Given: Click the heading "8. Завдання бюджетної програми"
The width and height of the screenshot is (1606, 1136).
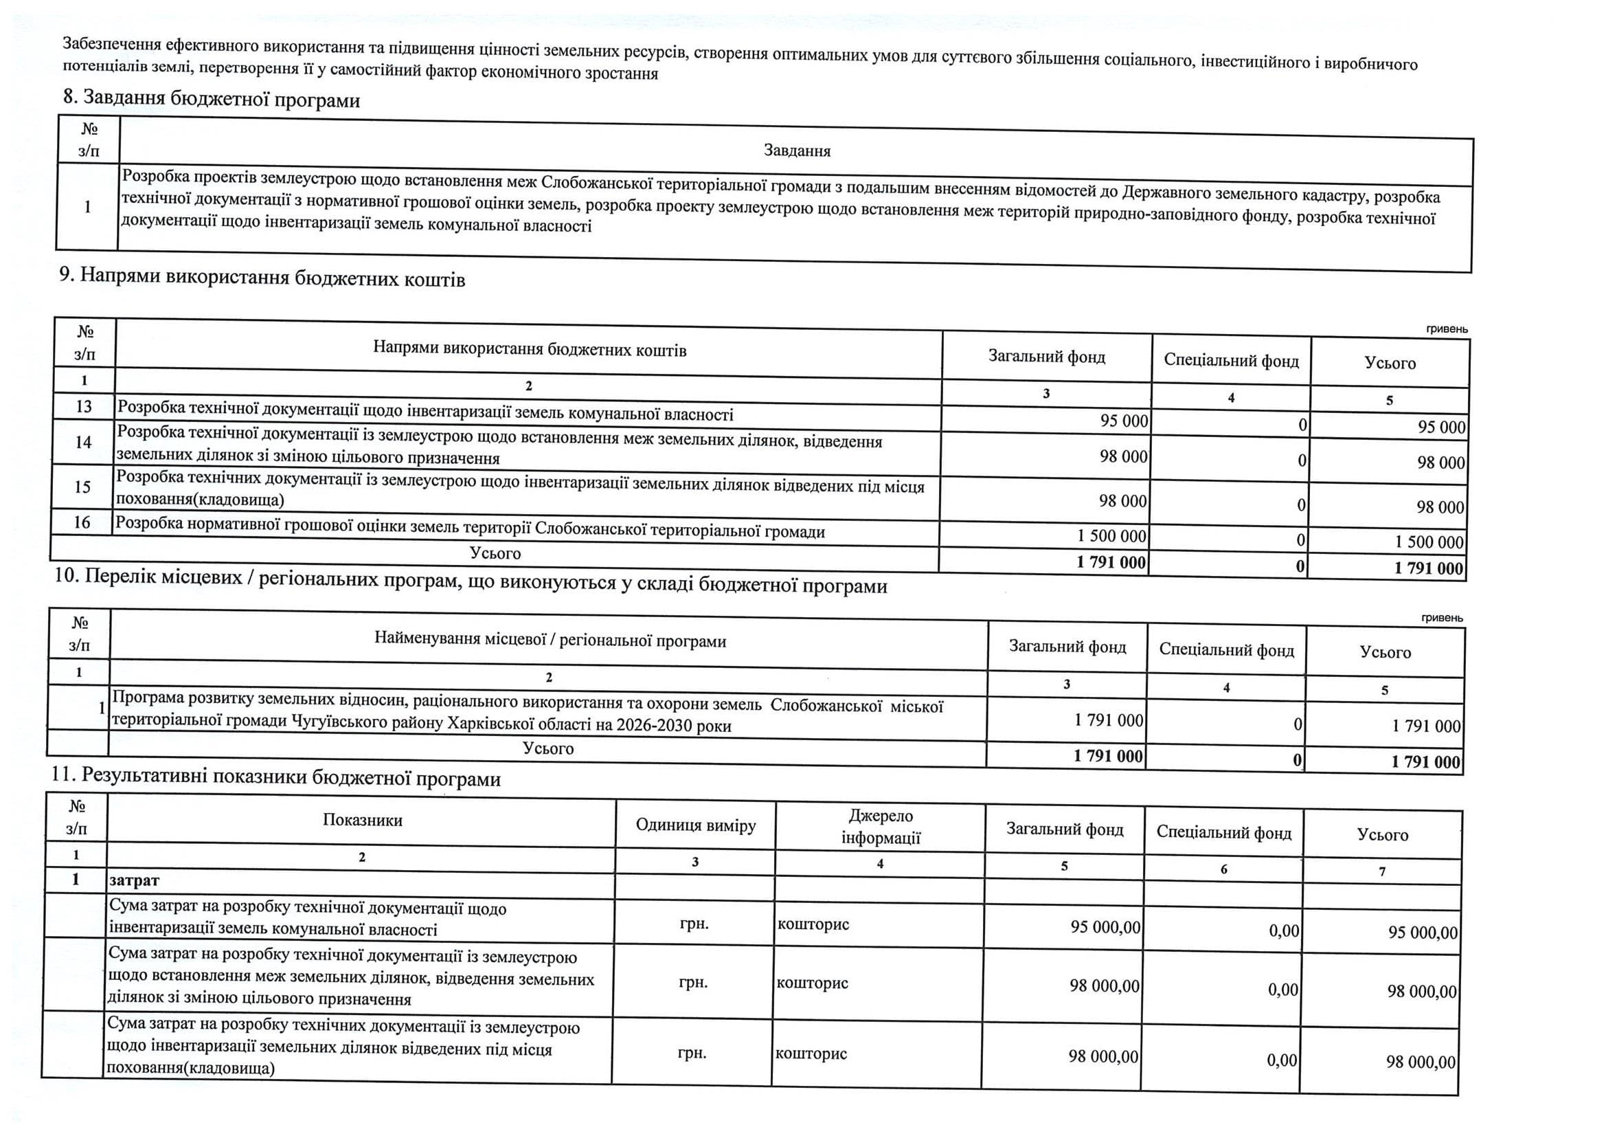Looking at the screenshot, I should (212, 100).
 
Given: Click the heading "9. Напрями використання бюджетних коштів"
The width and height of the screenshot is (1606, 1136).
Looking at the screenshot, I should (262, 278).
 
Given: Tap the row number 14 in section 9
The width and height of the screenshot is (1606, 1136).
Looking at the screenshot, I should (83, 442).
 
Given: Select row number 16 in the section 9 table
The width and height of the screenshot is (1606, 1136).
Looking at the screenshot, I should (82, 522).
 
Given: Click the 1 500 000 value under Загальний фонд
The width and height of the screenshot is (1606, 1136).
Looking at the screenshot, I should (1111, 536).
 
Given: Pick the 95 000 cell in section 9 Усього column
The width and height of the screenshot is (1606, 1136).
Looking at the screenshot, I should (1441, 427).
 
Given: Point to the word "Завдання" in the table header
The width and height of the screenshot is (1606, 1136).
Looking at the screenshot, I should (797, 151).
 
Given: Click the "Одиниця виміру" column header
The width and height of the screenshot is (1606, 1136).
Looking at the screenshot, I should (695, 825).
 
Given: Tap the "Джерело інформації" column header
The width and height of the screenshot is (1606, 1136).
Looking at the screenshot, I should (881, 827).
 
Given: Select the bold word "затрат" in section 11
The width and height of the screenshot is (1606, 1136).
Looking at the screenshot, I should (135, 880).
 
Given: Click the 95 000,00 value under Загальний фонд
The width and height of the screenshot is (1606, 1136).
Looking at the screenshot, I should (1105, 926).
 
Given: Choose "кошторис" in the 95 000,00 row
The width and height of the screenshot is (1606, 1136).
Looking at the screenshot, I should (813, 924).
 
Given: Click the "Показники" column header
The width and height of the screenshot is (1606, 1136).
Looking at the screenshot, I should (362, 821).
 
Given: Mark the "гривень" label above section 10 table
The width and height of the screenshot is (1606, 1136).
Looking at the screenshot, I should (1442, 618).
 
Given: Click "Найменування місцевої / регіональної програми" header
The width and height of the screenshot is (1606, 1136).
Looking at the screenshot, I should (550, 640).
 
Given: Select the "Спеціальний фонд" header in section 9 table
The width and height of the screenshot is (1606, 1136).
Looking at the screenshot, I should (1231, 361).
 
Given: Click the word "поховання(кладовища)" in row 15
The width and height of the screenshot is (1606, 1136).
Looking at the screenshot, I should (199, 500).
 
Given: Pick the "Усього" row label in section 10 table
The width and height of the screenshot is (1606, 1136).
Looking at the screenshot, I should (547, 748).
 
